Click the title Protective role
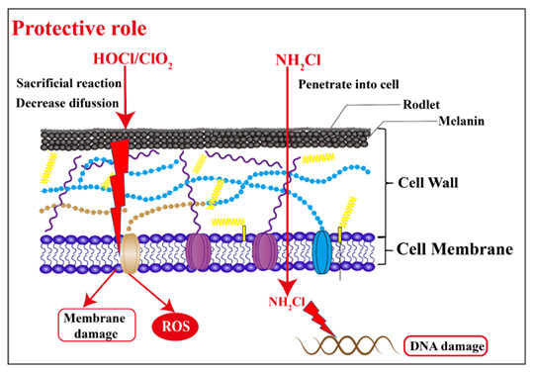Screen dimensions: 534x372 (79, 29)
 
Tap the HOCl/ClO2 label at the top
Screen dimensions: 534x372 (133, 59)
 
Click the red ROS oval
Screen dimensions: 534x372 (175, 326)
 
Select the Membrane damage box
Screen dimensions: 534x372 (97, 325)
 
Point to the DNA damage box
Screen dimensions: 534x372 (445, 346)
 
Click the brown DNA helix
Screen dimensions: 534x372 (347, 344)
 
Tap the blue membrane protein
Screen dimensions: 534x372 (321, 252)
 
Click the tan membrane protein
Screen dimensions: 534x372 (131, 253)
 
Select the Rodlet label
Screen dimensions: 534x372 (421, 105)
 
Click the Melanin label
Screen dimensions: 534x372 (461, 121)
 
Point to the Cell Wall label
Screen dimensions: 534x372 (428, 183)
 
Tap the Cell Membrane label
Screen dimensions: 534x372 (455, 249)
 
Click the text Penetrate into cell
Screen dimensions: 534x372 (348, 84)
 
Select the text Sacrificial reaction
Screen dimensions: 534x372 (69, 83)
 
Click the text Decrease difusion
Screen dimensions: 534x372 (67, 103)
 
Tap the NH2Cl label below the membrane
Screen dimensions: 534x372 (287, 302)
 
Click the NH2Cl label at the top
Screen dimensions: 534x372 (298, 61)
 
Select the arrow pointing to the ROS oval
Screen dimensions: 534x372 (151, 292)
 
